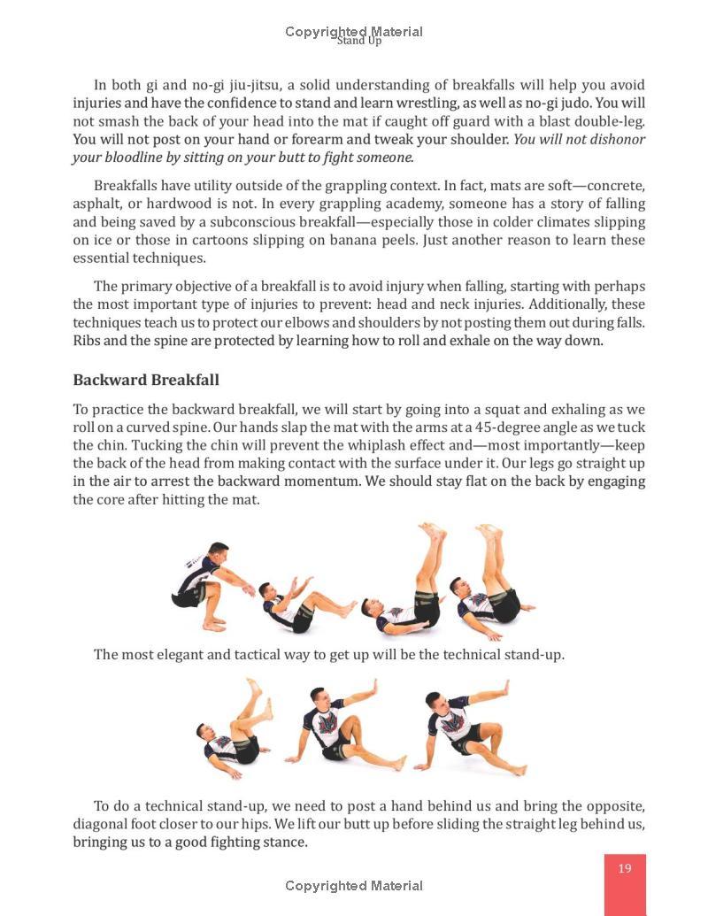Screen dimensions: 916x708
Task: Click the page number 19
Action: [625, 868]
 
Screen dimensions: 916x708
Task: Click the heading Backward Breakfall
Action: [146, 380]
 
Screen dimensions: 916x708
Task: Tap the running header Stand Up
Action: [358, 41]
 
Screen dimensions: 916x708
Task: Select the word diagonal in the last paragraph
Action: [104, 824]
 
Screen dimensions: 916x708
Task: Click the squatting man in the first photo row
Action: [208, 584]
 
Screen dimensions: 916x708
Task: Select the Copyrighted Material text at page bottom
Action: [354, 886]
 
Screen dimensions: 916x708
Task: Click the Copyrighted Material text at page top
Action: [354, 31]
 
